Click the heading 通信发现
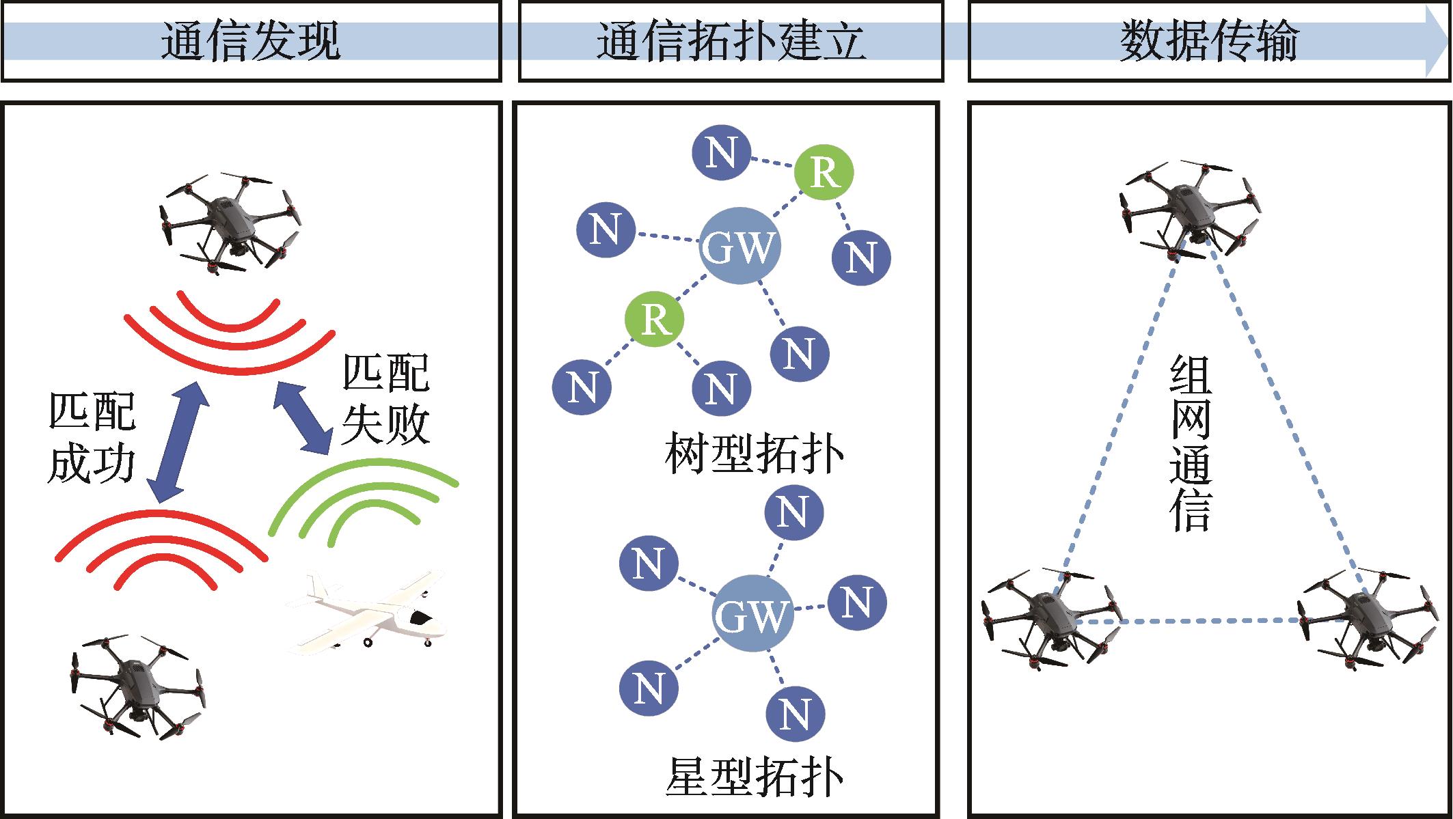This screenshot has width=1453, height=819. [250, 42]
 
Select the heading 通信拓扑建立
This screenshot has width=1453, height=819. [731, 42]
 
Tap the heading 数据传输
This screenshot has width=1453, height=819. [1208, 42]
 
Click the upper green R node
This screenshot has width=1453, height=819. [824, 173]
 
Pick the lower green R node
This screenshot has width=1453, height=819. [655, 318]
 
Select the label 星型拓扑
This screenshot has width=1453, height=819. [754, 777]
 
